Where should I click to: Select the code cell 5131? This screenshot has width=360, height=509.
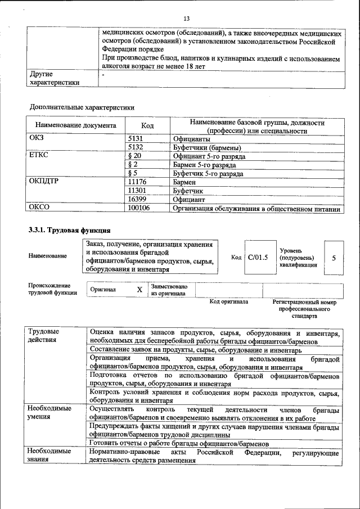pyautogui.click(x=137, y=138)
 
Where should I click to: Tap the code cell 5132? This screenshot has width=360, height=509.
pyautogui.click(x=137, y=147)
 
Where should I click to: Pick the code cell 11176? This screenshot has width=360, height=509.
pyautogui.click(x=138, y=182)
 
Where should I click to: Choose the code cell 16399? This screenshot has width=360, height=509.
pyautogui.click(x=138, y=200)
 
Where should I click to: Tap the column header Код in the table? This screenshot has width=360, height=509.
pyautogui.click(x=147, y=126)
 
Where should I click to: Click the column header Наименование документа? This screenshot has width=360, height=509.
pyautogui.click(x=76, y=126)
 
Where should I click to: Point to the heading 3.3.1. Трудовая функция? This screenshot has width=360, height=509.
pyautogui.click(x=66, y=230)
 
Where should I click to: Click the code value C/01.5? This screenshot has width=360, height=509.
pyautogui.click(x=258, y=257)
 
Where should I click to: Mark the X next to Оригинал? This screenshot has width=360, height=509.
pyautogui.click(x=139, y=289)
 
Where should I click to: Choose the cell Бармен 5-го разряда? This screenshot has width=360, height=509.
pyautogui.click(x=204, y=165)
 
